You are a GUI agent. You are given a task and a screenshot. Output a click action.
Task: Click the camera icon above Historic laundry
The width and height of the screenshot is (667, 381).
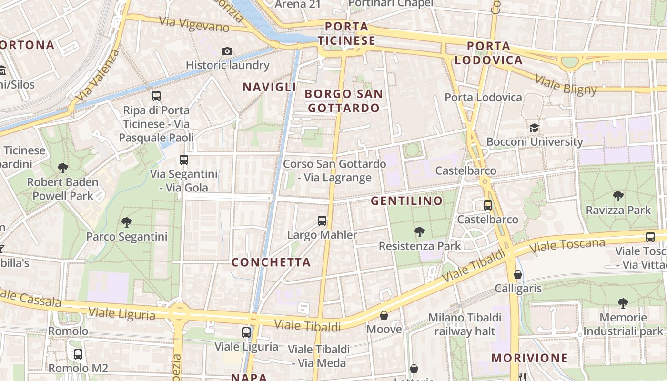coord(227,51)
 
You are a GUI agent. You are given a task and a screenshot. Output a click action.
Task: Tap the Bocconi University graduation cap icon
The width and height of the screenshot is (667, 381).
coord(534,128)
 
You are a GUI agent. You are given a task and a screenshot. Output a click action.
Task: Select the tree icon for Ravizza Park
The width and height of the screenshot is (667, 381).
coord(618,196)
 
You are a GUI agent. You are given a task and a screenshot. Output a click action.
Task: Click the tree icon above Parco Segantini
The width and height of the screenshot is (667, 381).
coord(126,222)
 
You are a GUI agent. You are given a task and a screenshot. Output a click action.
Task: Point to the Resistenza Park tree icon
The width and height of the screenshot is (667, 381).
coord(420,232)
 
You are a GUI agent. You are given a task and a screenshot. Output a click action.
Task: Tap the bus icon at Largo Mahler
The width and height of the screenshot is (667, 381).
coord(322,221)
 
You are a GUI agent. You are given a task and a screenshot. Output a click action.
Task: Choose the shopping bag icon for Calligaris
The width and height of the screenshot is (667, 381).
coord(518,274)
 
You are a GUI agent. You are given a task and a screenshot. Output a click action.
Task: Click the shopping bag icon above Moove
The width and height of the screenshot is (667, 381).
coord(384,315)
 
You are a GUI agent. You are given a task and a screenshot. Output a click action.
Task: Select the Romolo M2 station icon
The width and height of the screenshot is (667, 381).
coord(78,354)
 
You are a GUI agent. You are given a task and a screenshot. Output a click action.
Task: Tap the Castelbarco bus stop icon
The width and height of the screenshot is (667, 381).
coord(487,205)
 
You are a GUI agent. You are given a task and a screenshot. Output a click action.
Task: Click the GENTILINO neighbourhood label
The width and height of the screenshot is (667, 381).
coord(407,201)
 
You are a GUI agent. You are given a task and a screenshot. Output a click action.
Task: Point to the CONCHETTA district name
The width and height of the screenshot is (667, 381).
coord(271,262)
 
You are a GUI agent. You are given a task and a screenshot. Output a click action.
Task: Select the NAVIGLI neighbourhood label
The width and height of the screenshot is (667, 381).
coord(269,87)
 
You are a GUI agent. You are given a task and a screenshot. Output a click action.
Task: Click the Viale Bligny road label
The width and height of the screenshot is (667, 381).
coord(566,85)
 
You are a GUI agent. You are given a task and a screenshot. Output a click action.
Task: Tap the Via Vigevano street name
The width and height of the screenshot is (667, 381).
coord(194,24)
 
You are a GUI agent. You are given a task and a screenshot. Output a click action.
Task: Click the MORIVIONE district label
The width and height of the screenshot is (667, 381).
coord(529,358)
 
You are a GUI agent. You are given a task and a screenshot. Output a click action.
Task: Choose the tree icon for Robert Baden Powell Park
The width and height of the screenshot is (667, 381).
coord(62,168)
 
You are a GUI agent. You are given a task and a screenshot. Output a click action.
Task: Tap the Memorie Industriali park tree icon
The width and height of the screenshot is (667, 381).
coord(623,303)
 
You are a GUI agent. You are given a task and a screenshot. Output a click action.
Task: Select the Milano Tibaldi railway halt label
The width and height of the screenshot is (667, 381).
coord(465,324)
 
